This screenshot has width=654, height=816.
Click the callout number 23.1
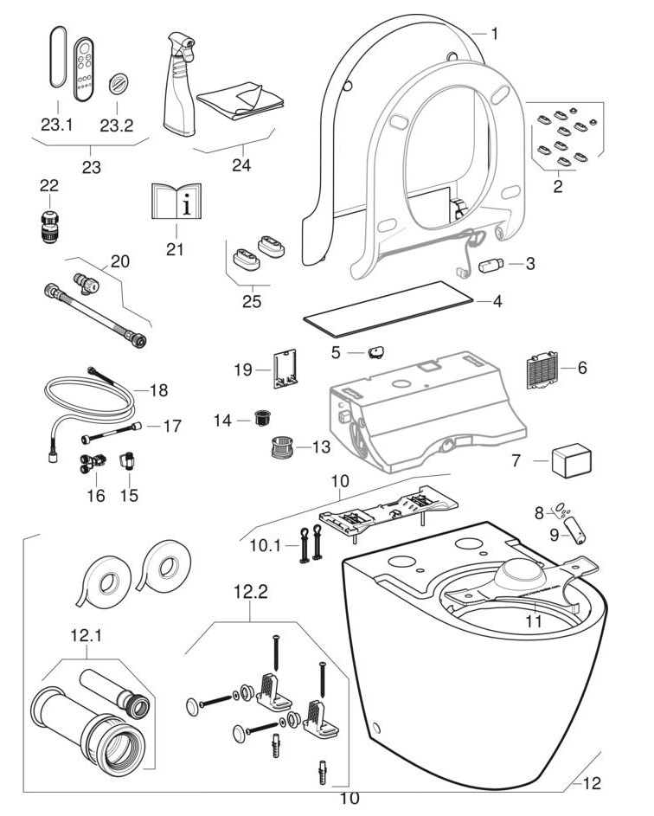coord(56,125)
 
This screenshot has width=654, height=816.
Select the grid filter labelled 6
coord(541,373)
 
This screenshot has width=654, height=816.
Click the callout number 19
coord(245,370)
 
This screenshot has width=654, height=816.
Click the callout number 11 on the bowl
coord(534,620)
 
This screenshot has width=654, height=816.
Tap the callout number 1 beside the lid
coord(494,34)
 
